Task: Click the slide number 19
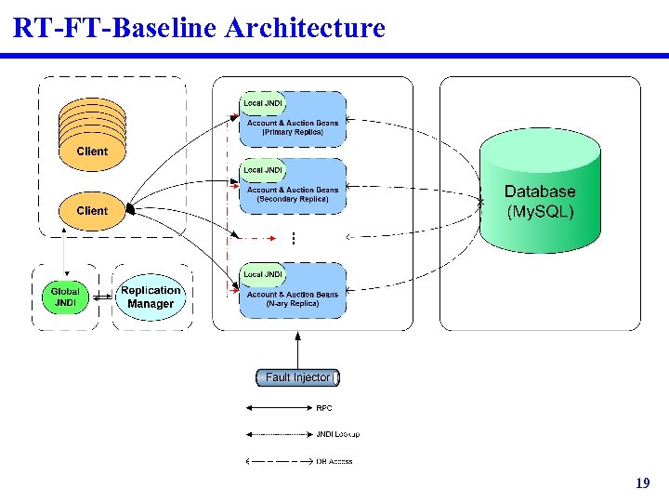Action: [x=642, y=483]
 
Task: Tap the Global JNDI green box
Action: [x=66, y=297]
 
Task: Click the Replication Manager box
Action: [x=151, y=297]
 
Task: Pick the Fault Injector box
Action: [x=297, y=377]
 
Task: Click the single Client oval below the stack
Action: [x=92, y=211]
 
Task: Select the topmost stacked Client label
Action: [x=92, y=151]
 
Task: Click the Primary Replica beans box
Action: [x=293, y=127]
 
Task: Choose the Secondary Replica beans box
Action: [x=293, y=194]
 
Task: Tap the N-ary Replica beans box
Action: [x=293, y=299]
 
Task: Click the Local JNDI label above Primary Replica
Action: [x=263, y=103]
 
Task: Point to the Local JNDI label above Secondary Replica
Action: [x=263, y=170]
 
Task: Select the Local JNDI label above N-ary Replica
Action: [x=263, y=274]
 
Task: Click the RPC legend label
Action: [x=324, y=408]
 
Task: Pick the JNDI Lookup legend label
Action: [x=337, y=434]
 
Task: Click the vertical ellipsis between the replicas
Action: [x=293, y=239]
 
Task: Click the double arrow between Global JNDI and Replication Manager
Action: [x=101, y=297]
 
